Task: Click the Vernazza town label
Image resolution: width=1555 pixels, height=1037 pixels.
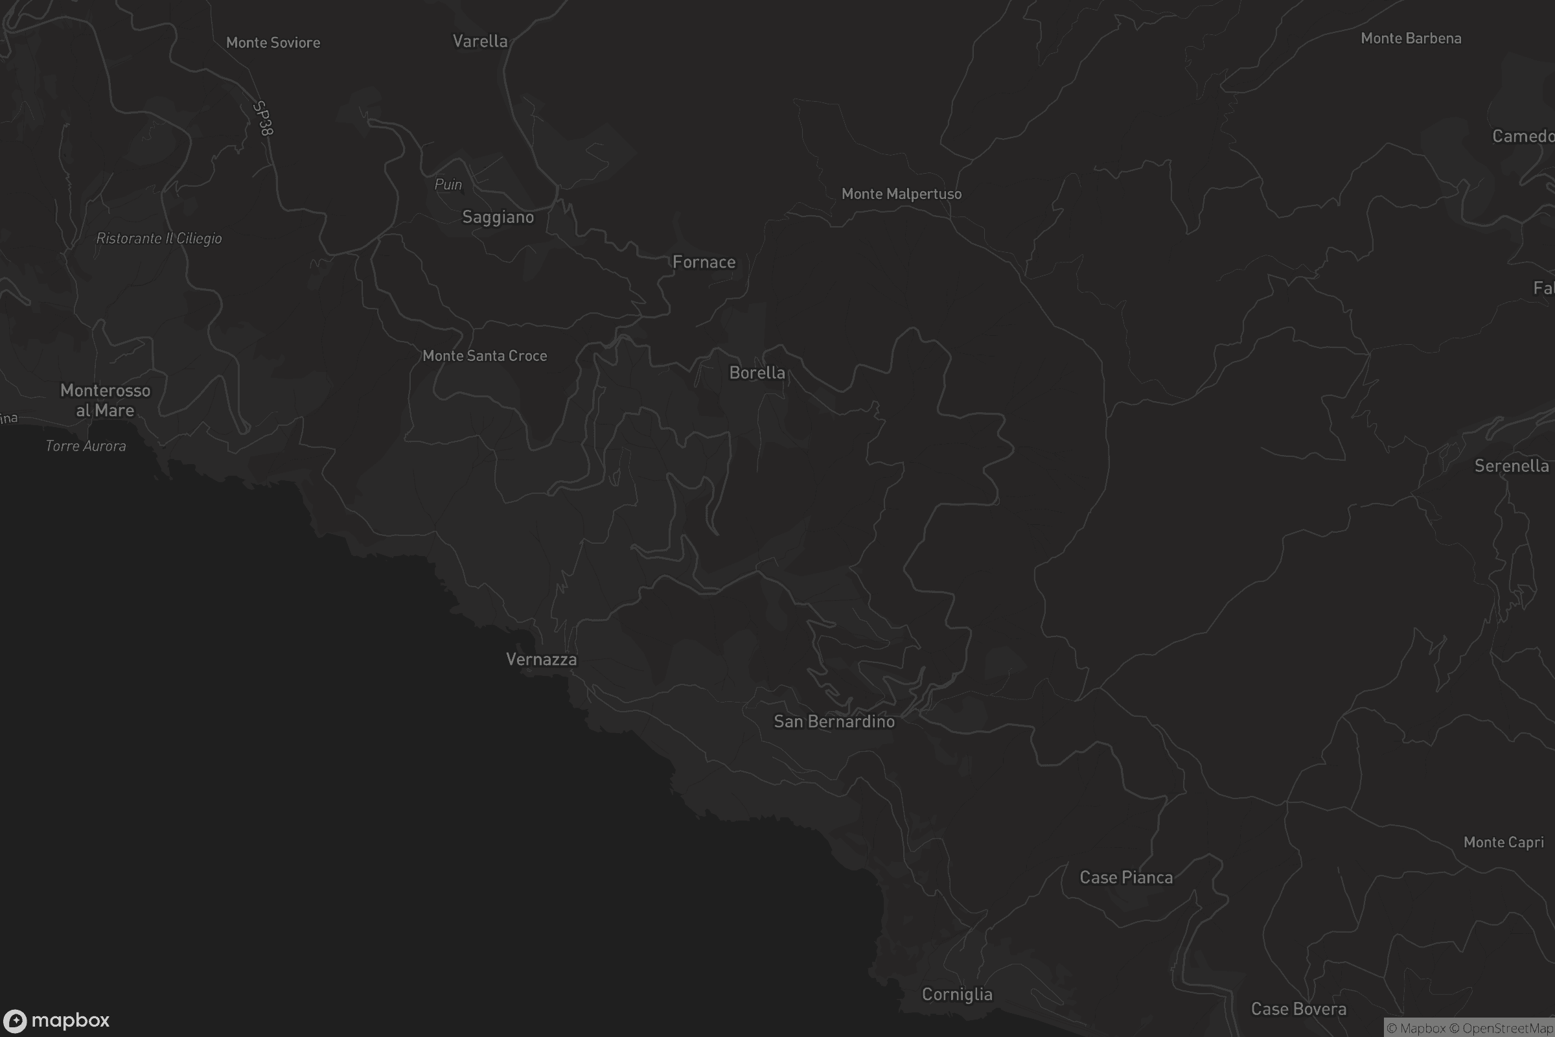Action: click(x=541, y=659)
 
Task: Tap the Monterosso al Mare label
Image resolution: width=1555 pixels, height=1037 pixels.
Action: click(x=105, y=400)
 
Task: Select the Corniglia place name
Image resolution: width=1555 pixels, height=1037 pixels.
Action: click(x=957, y=994)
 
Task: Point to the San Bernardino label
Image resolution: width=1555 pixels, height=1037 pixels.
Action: click(x=834, y=721)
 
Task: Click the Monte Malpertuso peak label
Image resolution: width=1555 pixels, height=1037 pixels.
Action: click(x=901, y=194)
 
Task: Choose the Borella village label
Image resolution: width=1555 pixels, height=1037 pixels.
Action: click(x=757, y=373)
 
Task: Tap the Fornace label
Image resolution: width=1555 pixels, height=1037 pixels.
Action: click(x=704, y=262)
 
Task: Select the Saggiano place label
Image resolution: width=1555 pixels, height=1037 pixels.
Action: click(x=498, y=217)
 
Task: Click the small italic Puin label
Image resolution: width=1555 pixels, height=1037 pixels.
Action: click(x=448, y=185)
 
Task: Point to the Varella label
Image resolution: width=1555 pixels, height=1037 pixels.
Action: click(x=480, y=41)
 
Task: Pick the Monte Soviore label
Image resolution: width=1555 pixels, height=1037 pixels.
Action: click(x=273, y=42)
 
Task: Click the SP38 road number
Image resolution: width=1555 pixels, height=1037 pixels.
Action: click(x=263, y=119)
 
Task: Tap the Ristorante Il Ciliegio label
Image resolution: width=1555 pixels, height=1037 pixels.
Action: click(x=159, y=238)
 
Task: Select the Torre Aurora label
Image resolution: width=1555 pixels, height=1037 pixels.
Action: click(x=86, y=446)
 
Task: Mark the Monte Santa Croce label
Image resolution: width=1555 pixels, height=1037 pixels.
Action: click(x=485, y=356)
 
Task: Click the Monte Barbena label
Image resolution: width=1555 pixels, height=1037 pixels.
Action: click(x=1411, y=38)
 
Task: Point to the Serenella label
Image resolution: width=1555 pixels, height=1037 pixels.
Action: click(x=1512, y=465)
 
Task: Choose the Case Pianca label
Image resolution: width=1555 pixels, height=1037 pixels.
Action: click(x=1126, y=878)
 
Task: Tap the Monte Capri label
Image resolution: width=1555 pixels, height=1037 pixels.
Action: click(x=1503, y=842)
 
